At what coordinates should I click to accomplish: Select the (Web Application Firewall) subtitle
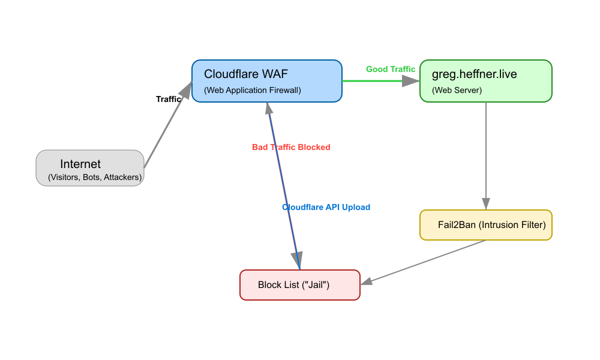252,91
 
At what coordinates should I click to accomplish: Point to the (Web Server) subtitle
457,91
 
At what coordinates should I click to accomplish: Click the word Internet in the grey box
80,164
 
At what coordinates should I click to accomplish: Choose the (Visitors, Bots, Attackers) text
95,178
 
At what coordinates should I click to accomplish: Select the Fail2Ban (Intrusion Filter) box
486,225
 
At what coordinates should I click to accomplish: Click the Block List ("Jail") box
300,285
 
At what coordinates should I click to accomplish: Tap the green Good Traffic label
391,69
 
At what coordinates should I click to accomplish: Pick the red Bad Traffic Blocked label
291,147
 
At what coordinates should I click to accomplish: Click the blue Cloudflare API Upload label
326,207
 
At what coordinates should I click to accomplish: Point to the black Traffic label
168,99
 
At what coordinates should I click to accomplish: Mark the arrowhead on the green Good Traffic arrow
413,81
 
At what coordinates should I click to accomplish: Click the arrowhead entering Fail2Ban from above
486,204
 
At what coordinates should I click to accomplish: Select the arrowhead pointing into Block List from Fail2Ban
367,281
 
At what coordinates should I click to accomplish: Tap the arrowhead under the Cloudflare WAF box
269,108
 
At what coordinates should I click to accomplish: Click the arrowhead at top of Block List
298,263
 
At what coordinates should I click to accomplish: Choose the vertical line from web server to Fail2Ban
486,150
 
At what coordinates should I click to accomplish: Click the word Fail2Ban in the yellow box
457,225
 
